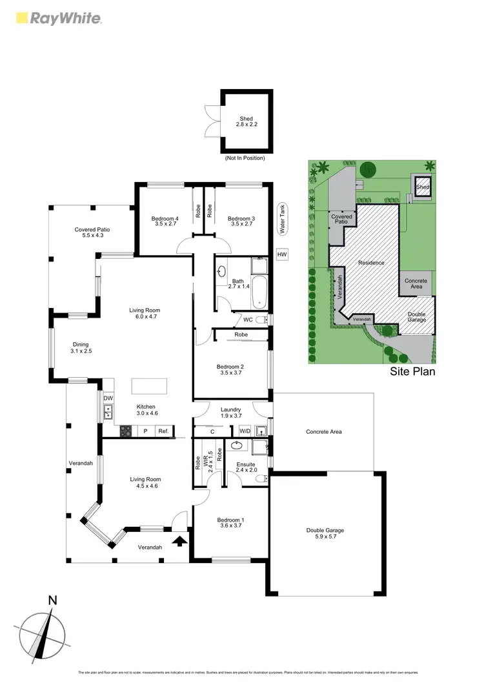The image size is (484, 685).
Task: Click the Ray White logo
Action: (x=58, y=18)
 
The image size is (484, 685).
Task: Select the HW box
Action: (x=281, y=255)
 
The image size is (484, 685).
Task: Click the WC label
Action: (x=248, y=320)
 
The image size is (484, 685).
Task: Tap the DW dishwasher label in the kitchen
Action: (x=108, y=398)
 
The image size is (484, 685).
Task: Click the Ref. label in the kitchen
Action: (x=163, y=431)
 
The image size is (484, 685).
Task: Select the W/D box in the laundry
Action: (x=245, y=431)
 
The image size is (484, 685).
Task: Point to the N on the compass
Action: (x=52, y=600)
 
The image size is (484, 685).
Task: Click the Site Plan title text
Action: (x=413, y=372)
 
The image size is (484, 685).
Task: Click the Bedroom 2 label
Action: (x=230, y=370)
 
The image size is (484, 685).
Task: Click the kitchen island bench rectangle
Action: (x=149, y=386)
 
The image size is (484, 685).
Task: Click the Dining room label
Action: (x=81, y=348)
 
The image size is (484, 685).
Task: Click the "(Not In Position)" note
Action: (x=245, y=158)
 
